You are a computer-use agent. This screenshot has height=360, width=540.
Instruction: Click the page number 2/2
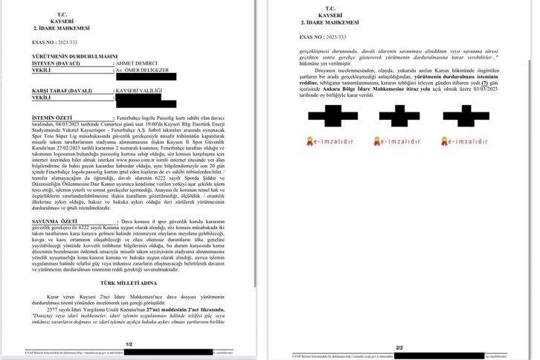point(399,347)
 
